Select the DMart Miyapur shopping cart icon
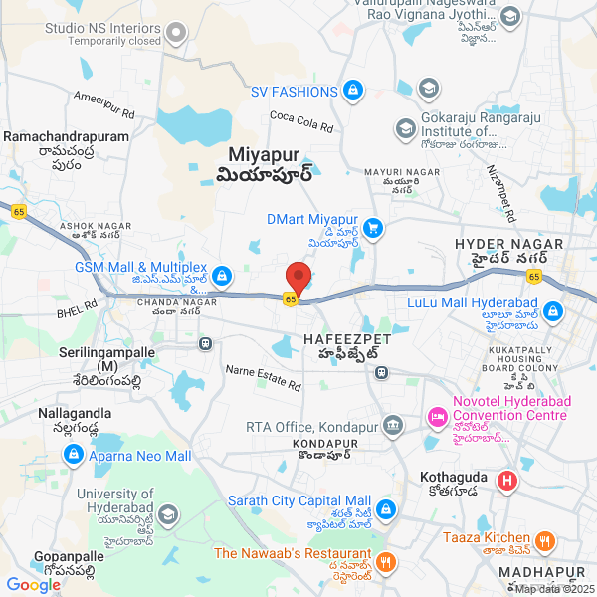[x=373, y=228]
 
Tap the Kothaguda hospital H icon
[x=506, y=482]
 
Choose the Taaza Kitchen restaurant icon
[x=544, y=541]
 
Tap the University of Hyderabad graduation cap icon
[x=167, y=514]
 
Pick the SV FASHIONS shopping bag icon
[x=351, y=92]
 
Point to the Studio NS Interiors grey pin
[x=177, y=33]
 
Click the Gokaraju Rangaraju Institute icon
[x=405, y=129]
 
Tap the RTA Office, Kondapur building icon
[x=393, y=426]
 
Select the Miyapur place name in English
[x=264, y=155]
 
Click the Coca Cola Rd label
[x=301, y=123]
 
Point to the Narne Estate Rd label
[x=264, y=377]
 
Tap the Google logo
[x=33, y=585]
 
